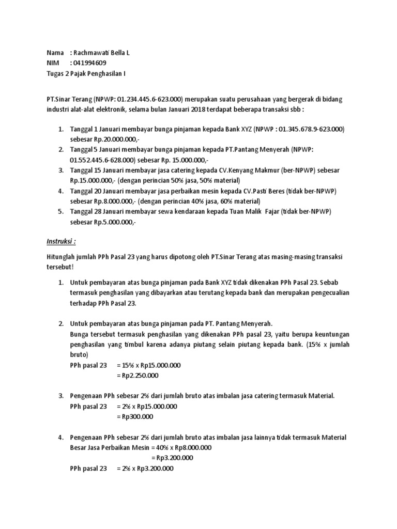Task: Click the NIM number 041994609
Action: [91, 63]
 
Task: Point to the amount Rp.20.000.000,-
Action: [104, 139]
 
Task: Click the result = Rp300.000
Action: [135, 417]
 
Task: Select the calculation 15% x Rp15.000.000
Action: [149, 365]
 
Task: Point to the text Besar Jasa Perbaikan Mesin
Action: [107, 447]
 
